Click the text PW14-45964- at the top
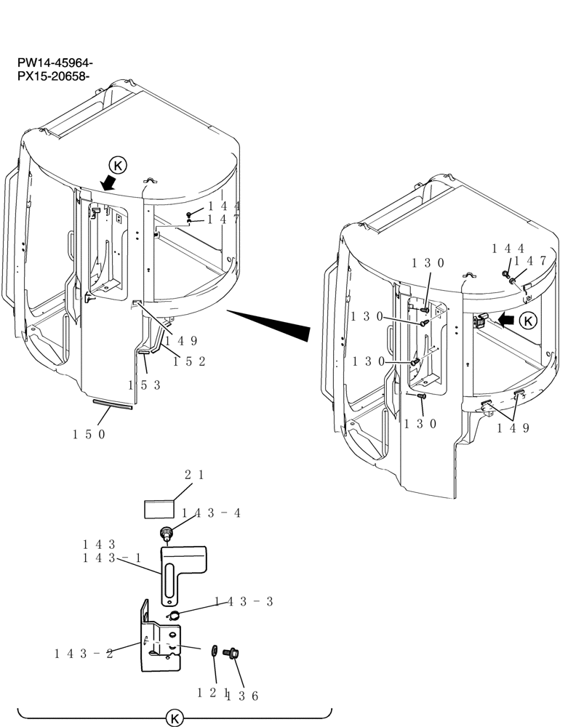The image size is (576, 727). tap(55, 64)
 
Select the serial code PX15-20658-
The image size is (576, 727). tap(55, 76)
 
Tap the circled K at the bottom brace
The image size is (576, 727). tap(175, 718)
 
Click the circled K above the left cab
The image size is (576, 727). tap(117, 165)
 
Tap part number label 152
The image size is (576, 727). tap(189, 361)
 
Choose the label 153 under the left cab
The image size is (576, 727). tap(145, 385)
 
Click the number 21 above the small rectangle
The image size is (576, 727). tap(193, 475)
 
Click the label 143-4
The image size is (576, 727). tap(211, 513)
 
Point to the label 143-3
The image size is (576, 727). tap(244, 601)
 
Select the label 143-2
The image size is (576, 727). tap(84, 653)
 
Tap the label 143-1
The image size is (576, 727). tap(109, 558)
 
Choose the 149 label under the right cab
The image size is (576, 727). tap(513, 427)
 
